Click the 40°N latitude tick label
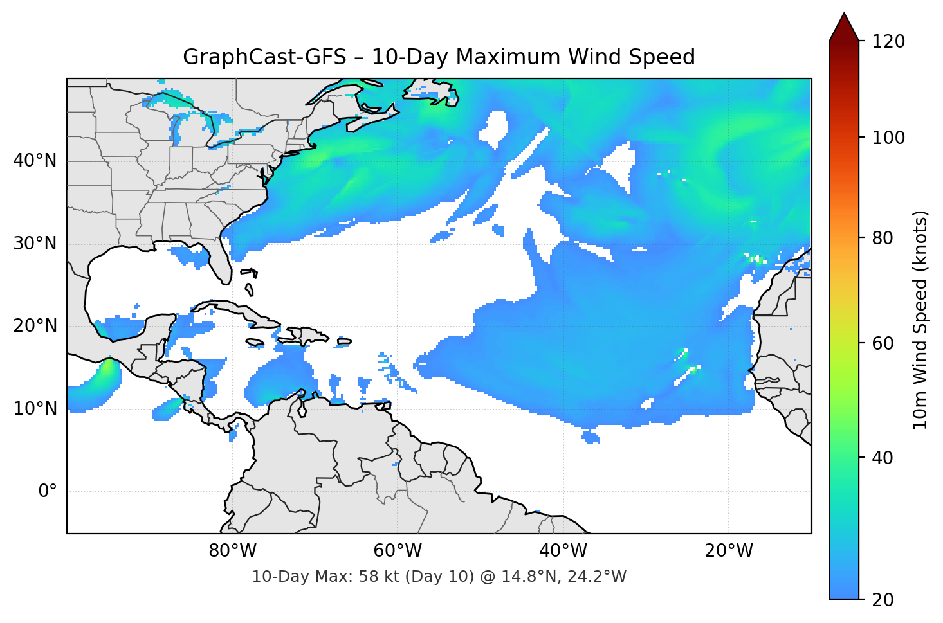point(35,161)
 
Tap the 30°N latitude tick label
point(35,244)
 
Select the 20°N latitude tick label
point(35,326)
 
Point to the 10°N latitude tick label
point(35,409)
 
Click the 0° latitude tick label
point(48,492)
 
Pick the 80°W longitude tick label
point(232,551)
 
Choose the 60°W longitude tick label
point(398,551)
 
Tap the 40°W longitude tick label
point(563,551)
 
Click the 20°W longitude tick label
point(729,551)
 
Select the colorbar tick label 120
point(888,41)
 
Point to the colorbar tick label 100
point(888,138)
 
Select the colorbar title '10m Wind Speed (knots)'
point(920,320)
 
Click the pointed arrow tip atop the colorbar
point(844,15)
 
